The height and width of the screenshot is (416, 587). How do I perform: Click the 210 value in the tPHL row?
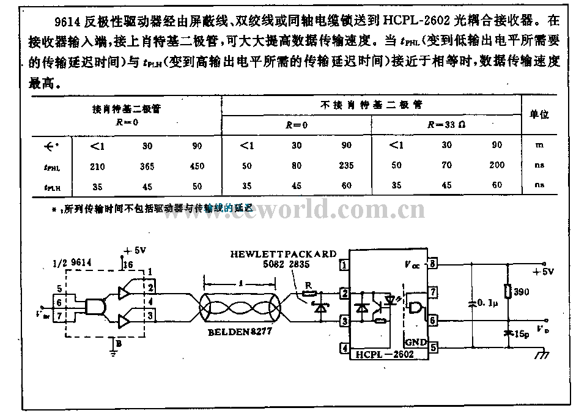[x=97, y=166]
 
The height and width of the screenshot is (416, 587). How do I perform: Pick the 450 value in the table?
[x=198, y=166]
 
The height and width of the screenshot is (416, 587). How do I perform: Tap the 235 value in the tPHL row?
[x=347, y=166]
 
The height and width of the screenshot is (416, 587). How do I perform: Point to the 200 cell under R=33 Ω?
[x=497, y=165]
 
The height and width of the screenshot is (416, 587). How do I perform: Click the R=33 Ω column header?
[x=446, y=125]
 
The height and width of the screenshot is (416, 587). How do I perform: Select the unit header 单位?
[x=539, y=115]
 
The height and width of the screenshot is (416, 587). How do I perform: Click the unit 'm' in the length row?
[x=539, y=145]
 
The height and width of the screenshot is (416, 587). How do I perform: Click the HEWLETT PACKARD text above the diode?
[x=283, y=254]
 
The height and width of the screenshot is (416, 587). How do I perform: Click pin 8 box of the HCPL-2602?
[x=434, y=264]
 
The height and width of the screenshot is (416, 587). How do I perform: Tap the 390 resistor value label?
[x=522, y=292]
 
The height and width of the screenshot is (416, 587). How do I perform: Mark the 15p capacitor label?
[x=521, y=333]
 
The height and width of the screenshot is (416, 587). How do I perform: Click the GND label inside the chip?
[x=415, y=343]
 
